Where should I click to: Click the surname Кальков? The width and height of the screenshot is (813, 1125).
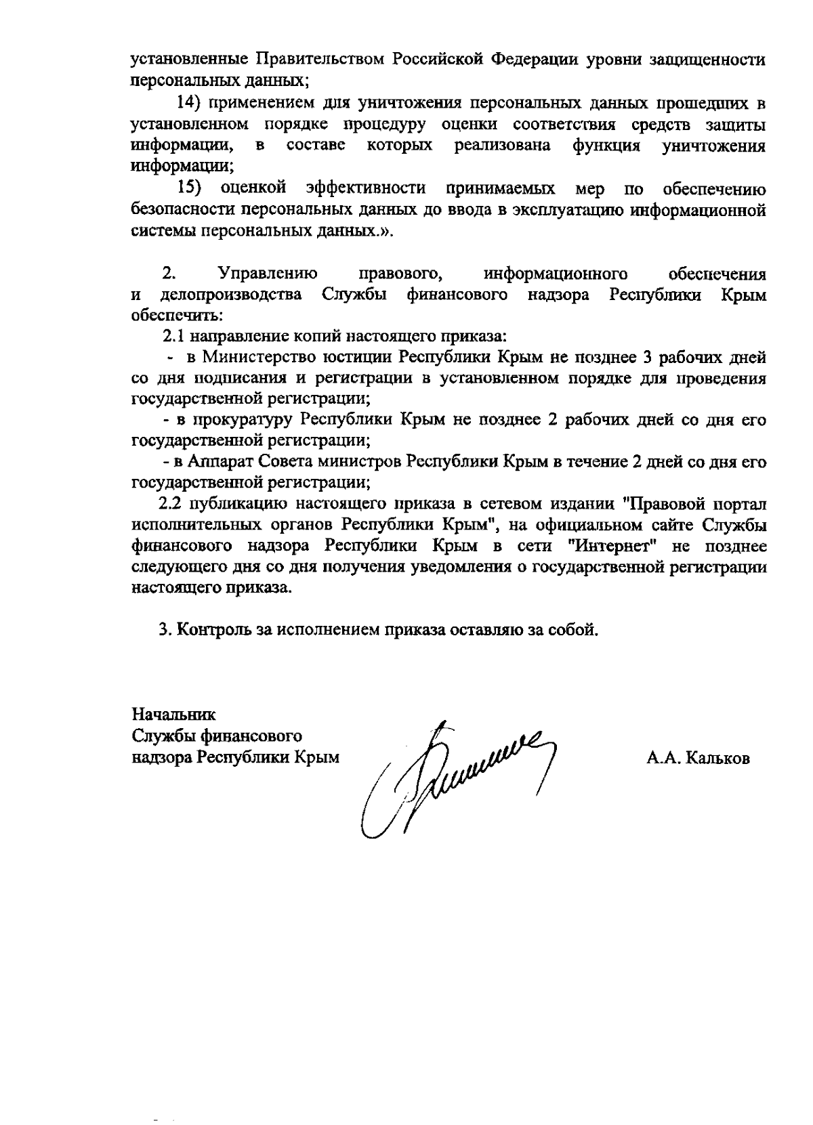pyautogui.click(x=717, y=759)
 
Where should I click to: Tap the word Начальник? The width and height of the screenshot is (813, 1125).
pyautogui.click(x=173, y=715)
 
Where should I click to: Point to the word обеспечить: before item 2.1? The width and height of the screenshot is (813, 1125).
pyautogui.click(x=177, y=316)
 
